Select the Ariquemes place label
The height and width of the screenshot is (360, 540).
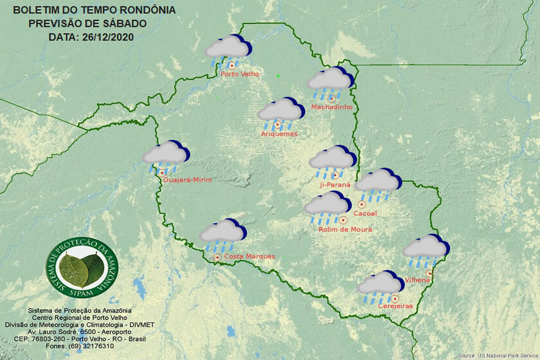[279, 134]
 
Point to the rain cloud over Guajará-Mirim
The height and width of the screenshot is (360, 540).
[165, 154]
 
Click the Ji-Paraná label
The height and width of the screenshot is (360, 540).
[334, 184]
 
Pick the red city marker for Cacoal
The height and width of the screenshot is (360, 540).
[362, 204]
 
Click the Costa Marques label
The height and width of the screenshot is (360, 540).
[249, 256]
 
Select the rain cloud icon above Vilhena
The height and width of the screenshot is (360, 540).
[426, 248]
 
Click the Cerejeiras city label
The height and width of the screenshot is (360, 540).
[395, 306]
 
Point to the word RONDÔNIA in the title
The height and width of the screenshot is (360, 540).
[147, 10]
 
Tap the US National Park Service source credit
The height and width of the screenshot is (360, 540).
[497, 355]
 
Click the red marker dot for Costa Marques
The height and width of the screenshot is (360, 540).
[217, 257]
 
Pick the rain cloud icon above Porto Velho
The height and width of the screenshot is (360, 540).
[227, 49]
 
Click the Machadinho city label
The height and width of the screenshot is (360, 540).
[332, 107]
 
